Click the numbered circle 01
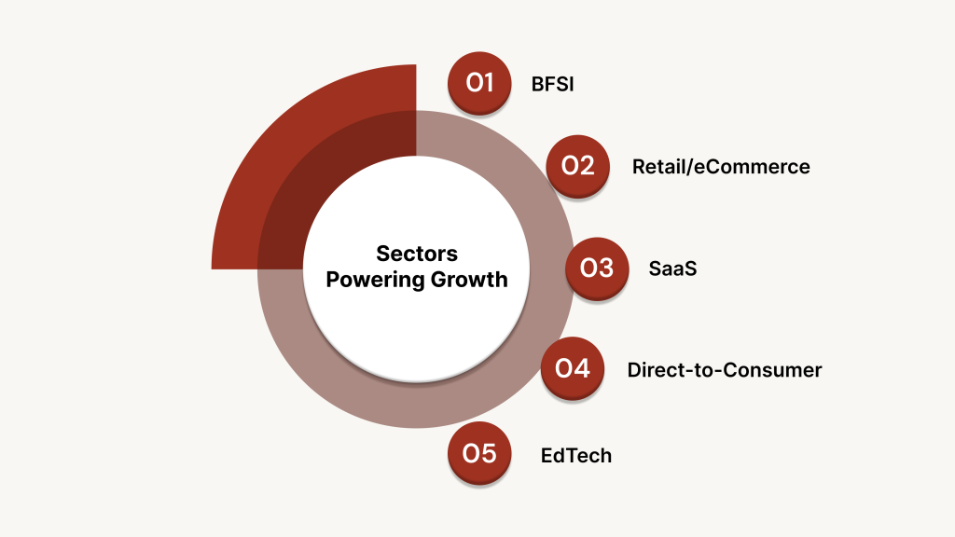click(x=480, y=83)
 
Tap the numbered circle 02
click(x=578, y=166)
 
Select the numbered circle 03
click(x=597, y=268)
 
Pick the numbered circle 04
click(x=573, y=368)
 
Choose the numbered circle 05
click(x=480, y=454)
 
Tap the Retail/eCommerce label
click(x=721, y=167)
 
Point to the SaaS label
click(x=673, y=268)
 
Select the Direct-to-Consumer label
click(x=725, y=370)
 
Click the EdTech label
click(x=576, y=456)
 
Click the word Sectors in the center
click(x=417, y=254)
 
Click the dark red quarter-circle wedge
click(x=280, y=158)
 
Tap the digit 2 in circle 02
click(x=588, y=166)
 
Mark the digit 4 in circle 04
click(x=583, y=368)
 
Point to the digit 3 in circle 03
click(x=606, y=268)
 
